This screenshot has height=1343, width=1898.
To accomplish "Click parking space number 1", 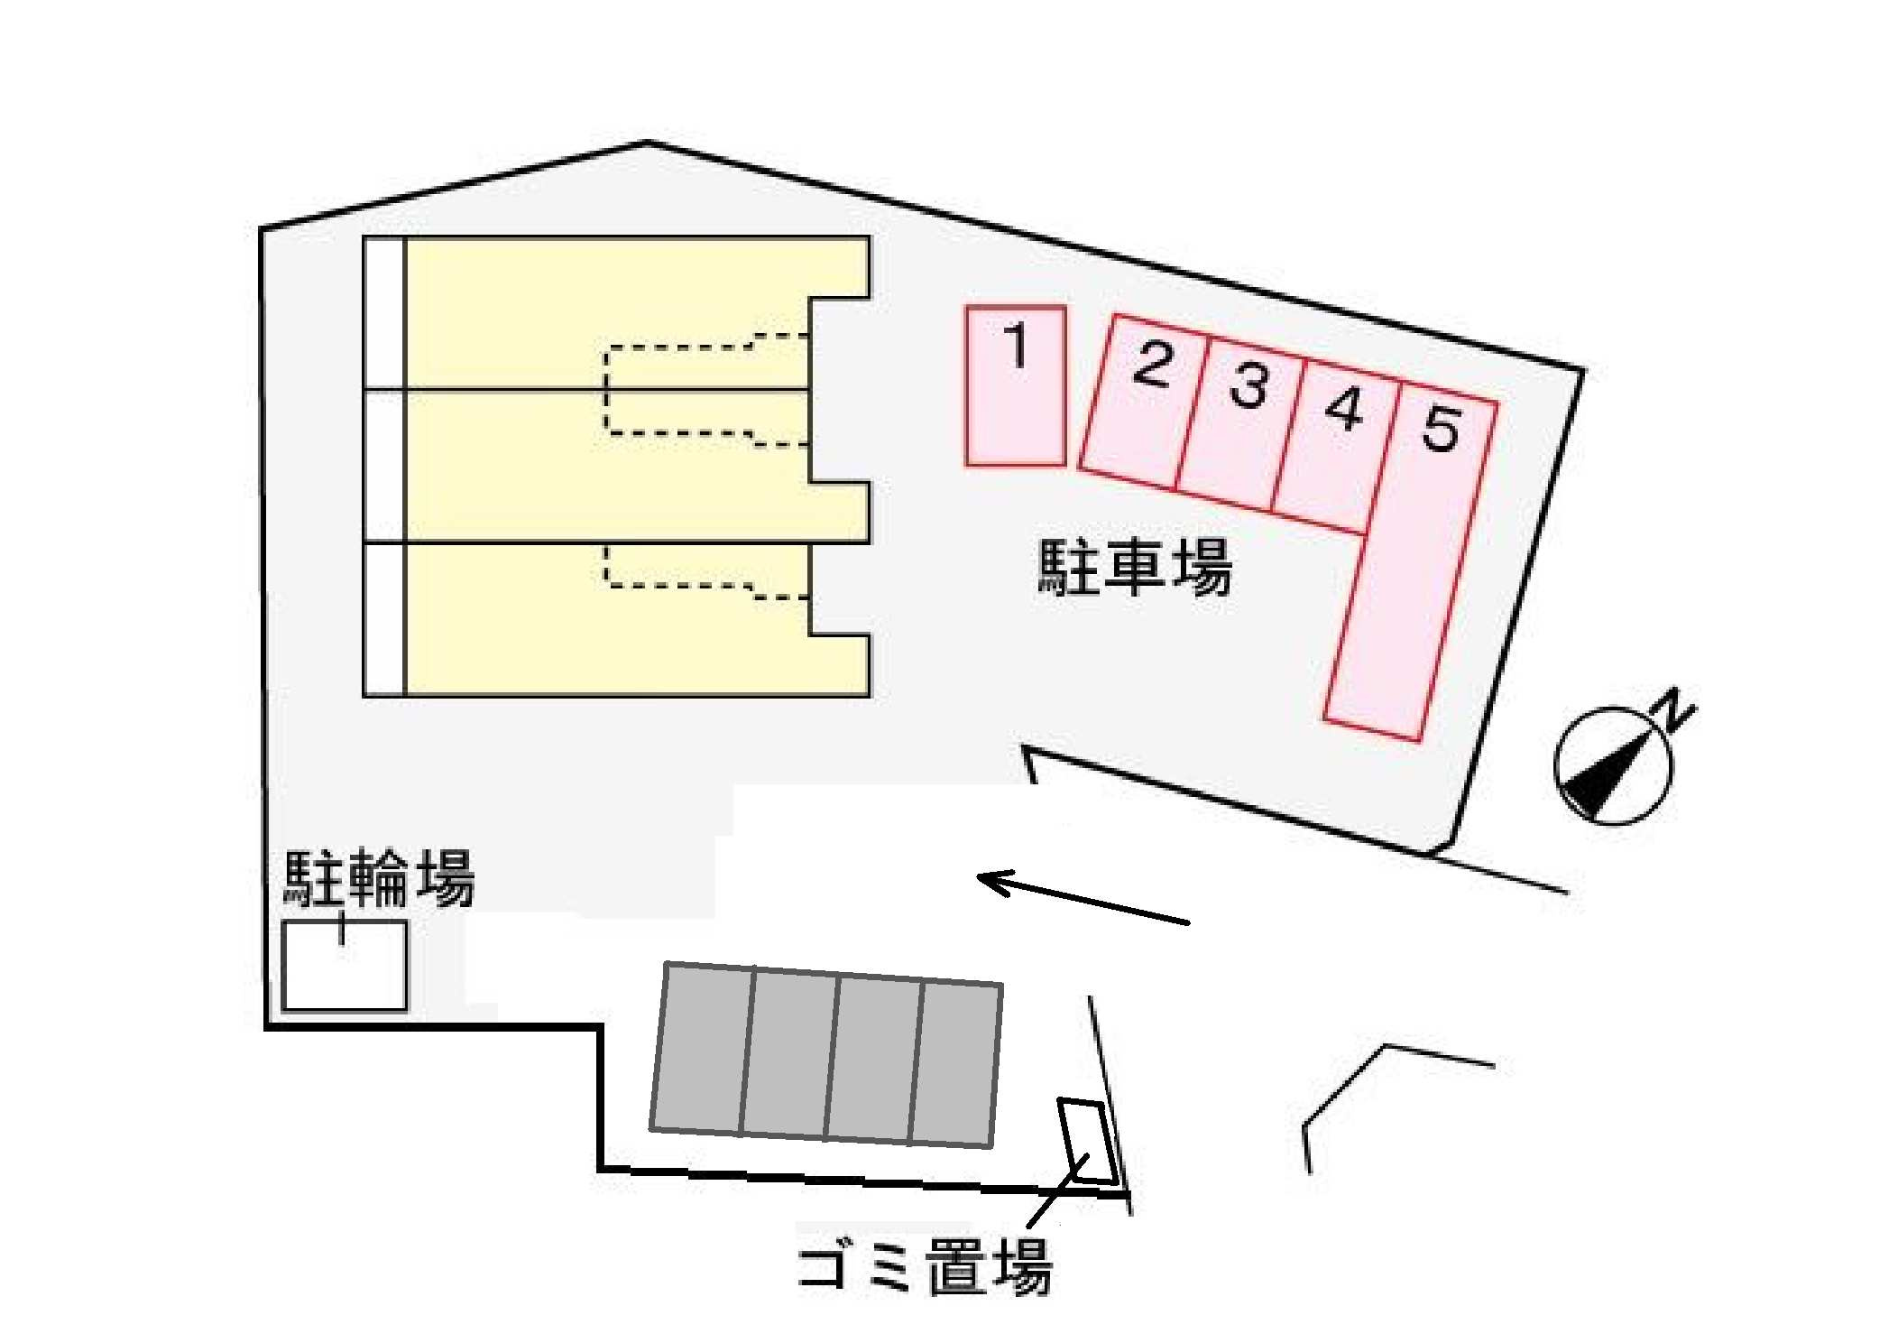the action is [x=1016, y=386].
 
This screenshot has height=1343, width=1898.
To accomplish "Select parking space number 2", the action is [x=1143, y=402].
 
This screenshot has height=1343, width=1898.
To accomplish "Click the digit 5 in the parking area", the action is [x=1441, y=428].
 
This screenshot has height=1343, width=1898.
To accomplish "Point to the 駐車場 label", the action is [x=1135, y=567].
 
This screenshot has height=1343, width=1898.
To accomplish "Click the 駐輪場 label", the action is [x=379, y=877].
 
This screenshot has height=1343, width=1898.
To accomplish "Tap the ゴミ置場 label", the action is [x=925, y=1266].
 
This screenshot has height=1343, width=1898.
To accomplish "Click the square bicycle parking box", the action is [x=345, y=965].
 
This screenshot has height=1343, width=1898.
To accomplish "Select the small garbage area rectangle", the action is [x=1089, y=1141].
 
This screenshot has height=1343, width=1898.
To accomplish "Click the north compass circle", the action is [x=1614, y=765].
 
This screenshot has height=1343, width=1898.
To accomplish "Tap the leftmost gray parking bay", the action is [x=702, y=1048].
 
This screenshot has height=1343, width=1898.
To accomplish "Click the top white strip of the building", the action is [x=384, y=313].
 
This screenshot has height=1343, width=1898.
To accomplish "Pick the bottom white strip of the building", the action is [x=384, y=620].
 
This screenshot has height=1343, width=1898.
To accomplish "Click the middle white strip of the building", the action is [x=384, y=467].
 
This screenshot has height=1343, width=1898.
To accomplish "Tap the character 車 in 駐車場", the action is [x=1134, y=567].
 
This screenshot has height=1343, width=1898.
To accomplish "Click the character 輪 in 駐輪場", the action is [x=379, y=877].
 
